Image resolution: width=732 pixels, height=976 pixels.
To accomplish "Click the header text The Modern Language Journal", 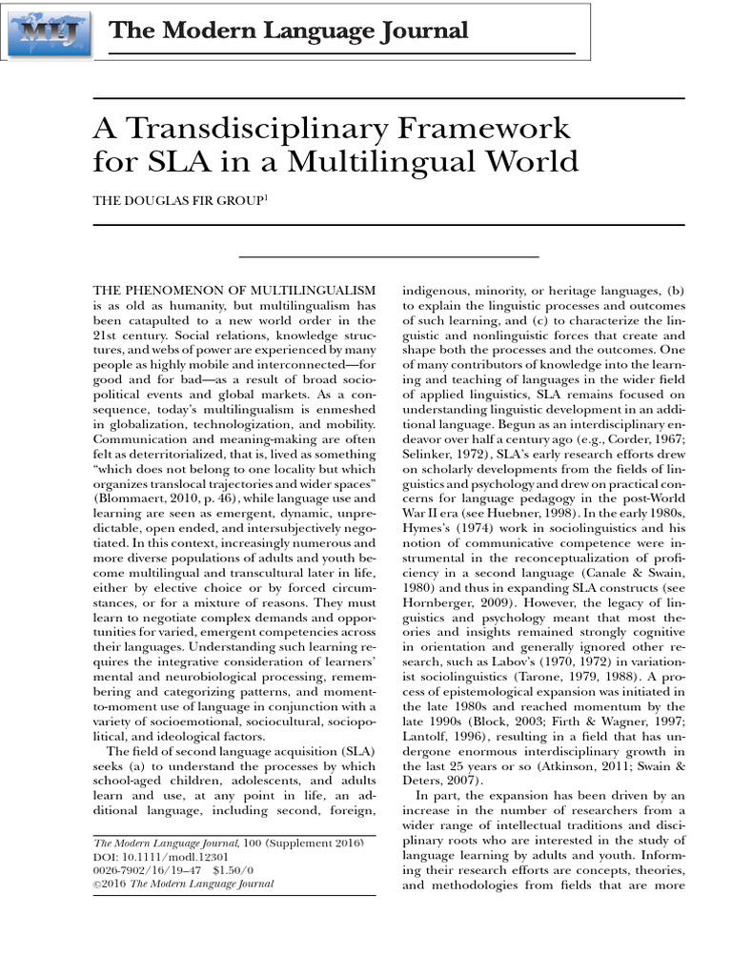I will [x=289, y=31].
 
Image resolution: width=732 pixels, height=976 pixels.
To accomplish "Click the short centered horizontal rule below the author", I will [x=388, y=256].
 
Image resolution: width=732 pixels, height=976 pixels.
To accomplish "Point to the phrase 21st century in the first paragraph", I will [x=136, y=335].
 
